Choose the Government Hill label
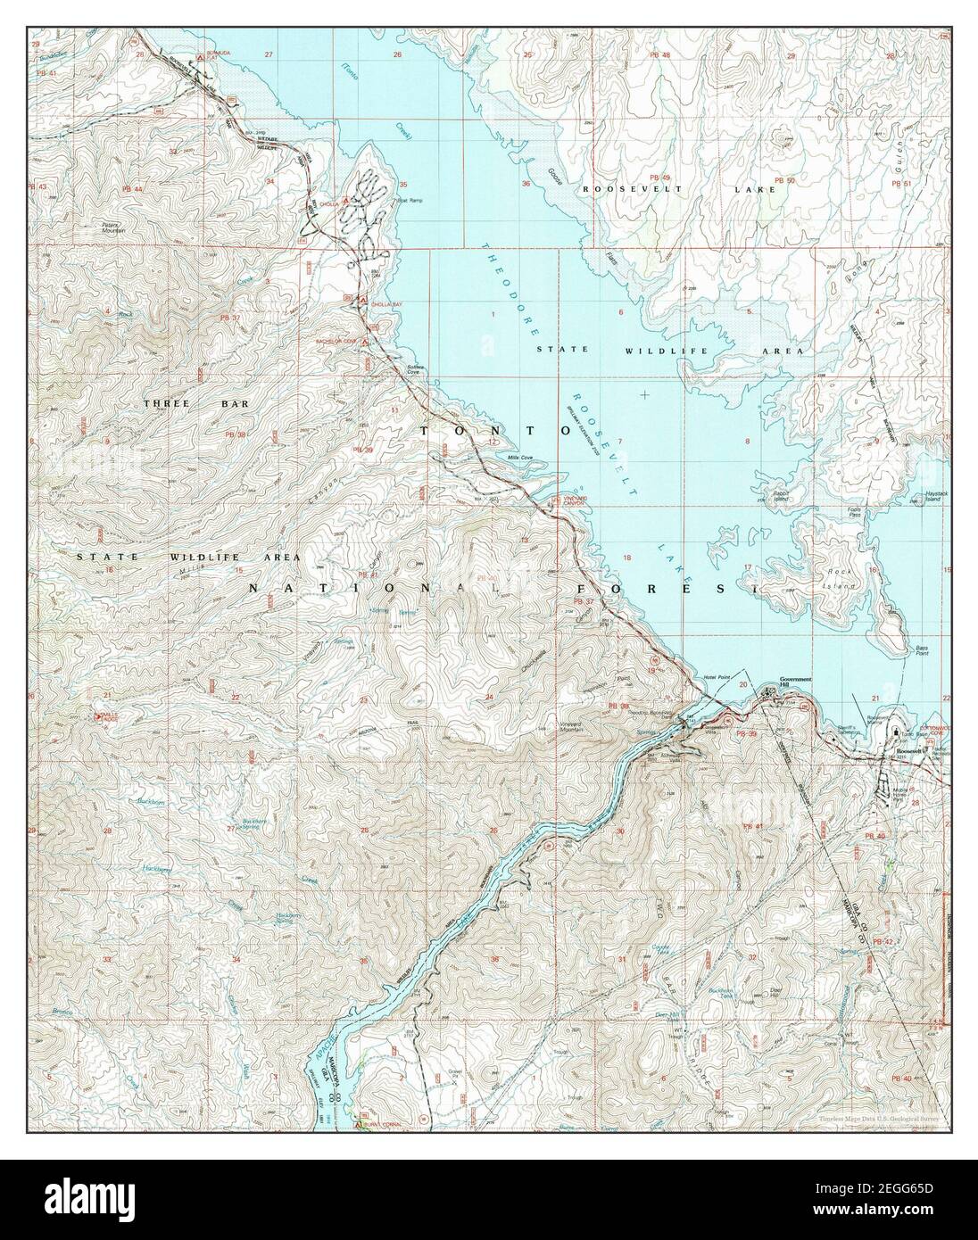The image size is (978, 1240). coord(796,682)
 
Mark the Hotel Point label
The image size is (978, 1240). coord(717,679)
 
